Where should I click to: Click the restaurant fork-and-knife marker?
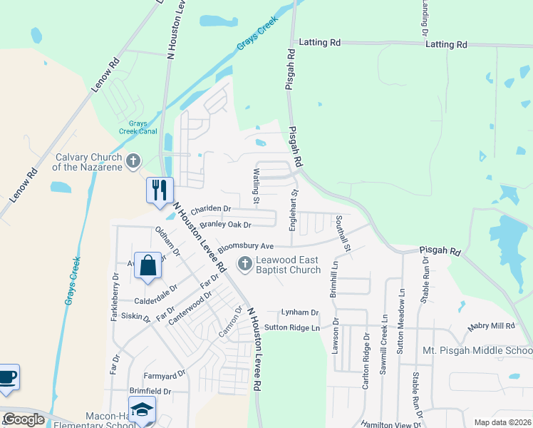[160, 190]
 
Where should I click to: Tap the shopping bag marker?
[147, 266]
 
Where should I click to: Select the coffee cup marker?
[7, 376]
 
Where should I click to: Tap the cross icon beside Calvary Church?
[133, 163]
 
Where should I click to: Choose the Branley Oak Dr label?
[226, 225]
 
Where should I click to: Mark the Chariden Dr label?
[211, 209]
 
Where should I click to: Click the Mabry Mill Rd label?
[491, 327]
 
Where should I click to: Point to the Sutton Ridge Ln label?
[291, 327]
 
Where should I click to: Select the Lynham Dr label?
[299, 312]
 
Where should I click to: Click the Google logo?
[24, 419]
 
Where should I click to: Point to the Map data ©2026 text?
[502, 422]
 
